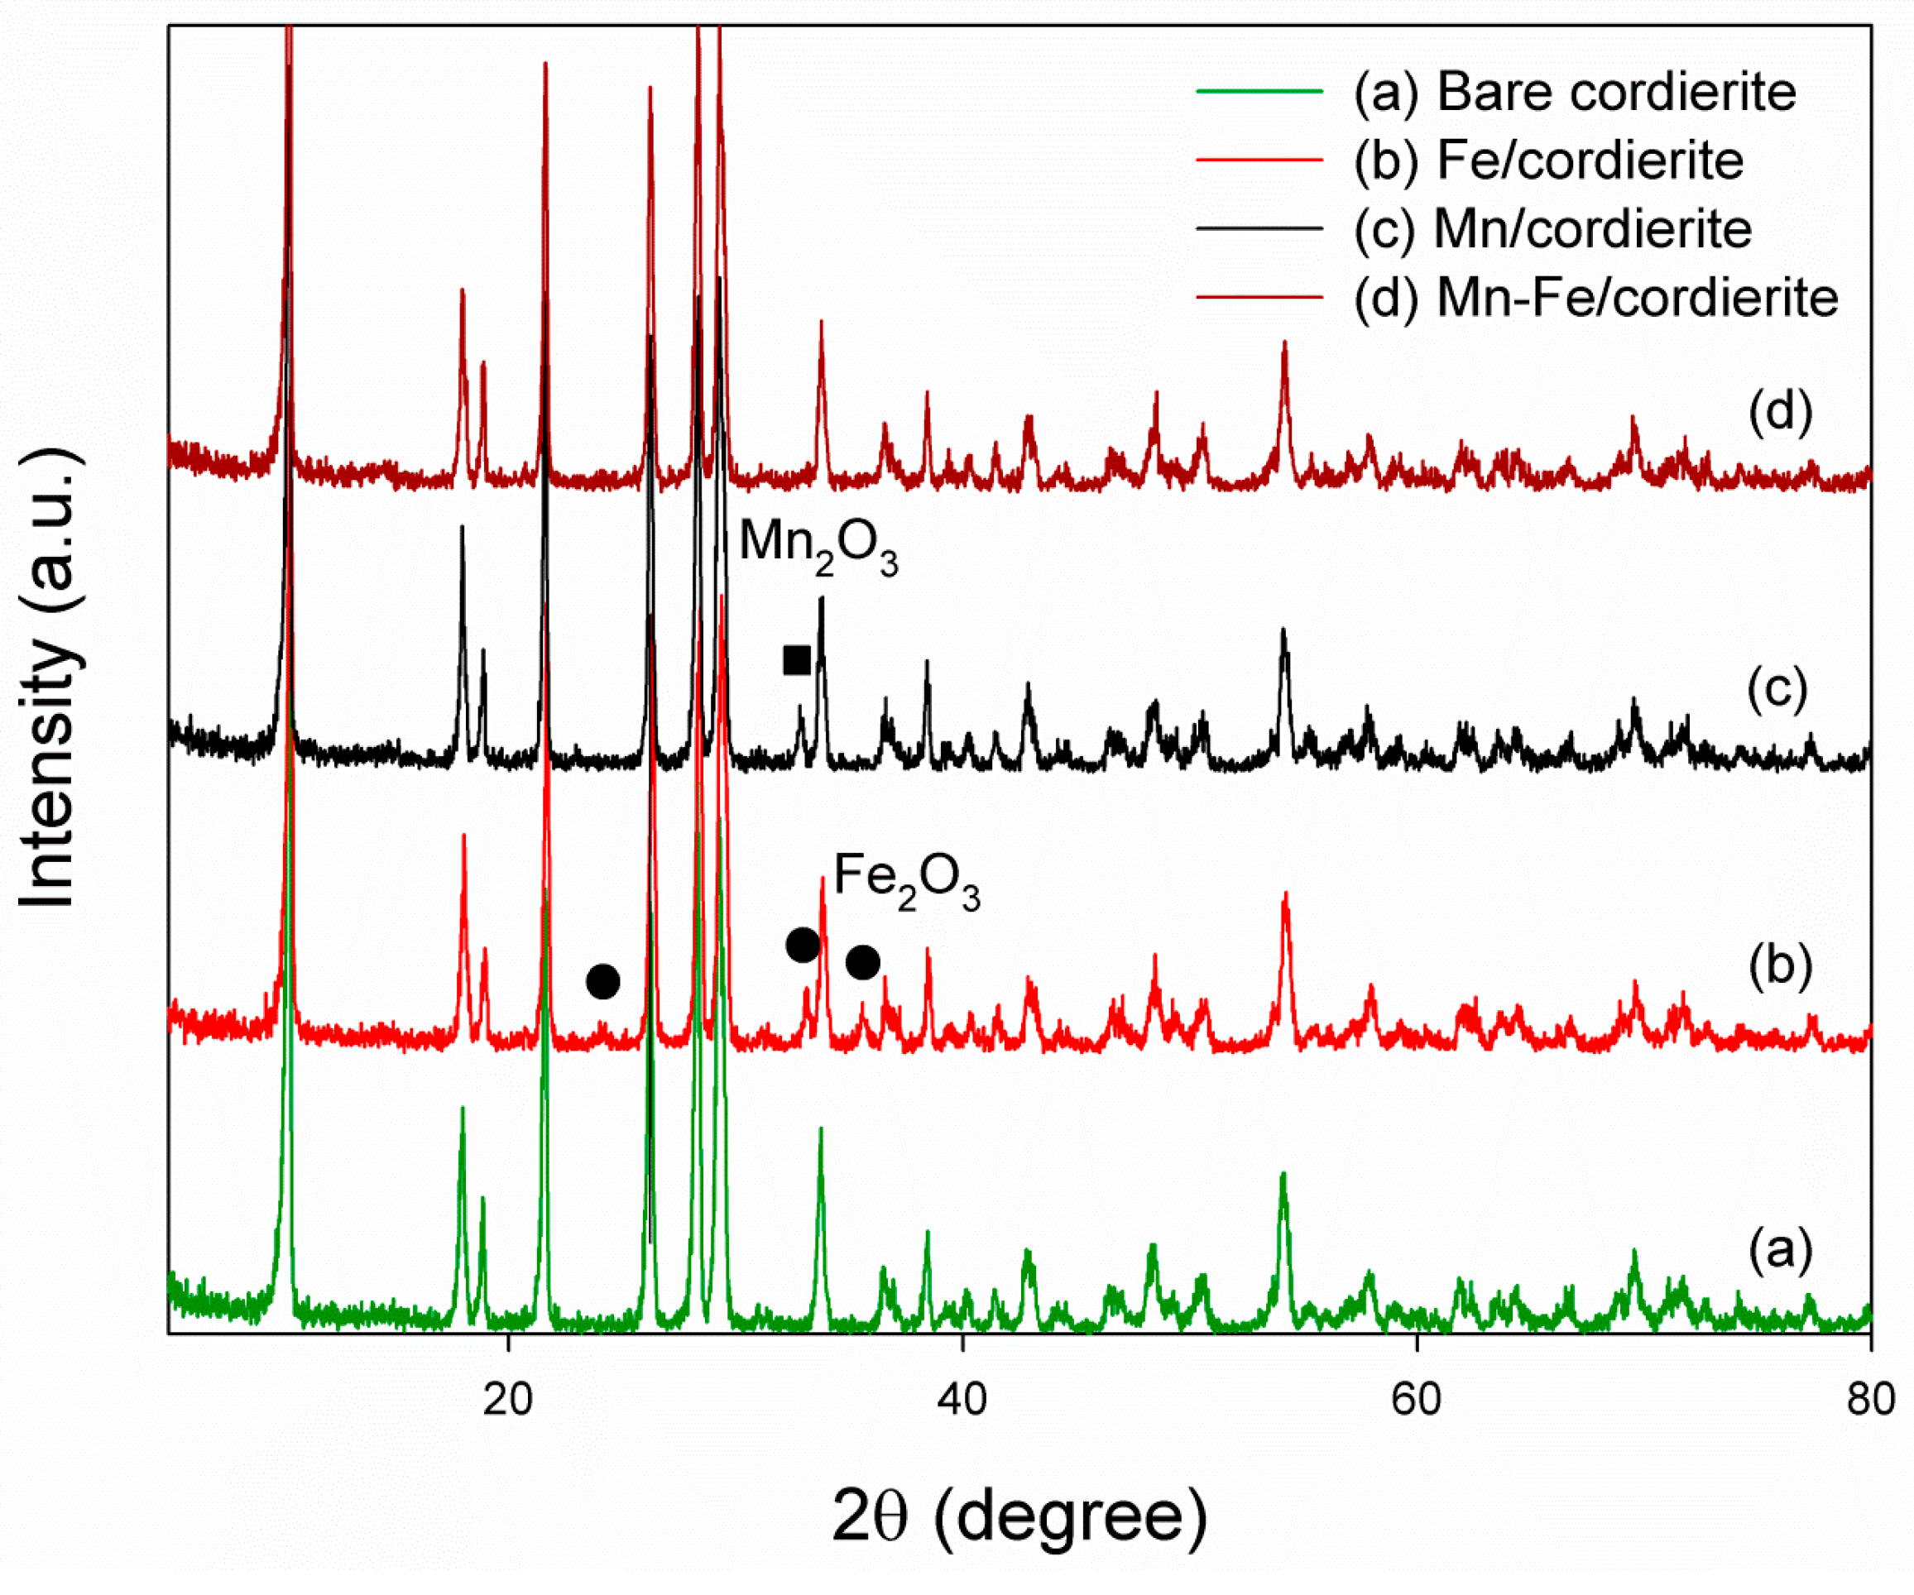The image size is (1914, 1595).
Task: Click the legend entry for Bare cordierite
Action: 1574,92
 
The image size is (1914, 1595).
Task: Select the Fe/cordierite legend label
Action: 1547,160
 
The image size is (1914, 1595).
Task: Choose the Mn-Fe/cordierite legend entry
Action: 1595,298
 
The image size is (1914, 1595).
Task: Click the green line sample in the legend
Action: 1259,91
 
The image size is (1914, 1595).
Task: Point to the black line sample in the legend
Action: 1259,228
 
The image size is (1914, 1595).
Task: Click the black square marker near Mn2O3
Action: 797,660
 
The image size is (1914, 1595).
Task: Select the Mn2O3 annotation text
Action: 818,545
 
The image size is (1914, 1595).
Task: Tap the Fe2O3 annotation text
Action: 906,879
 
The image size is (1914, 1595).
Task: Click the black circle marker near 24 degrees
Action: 602,982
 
